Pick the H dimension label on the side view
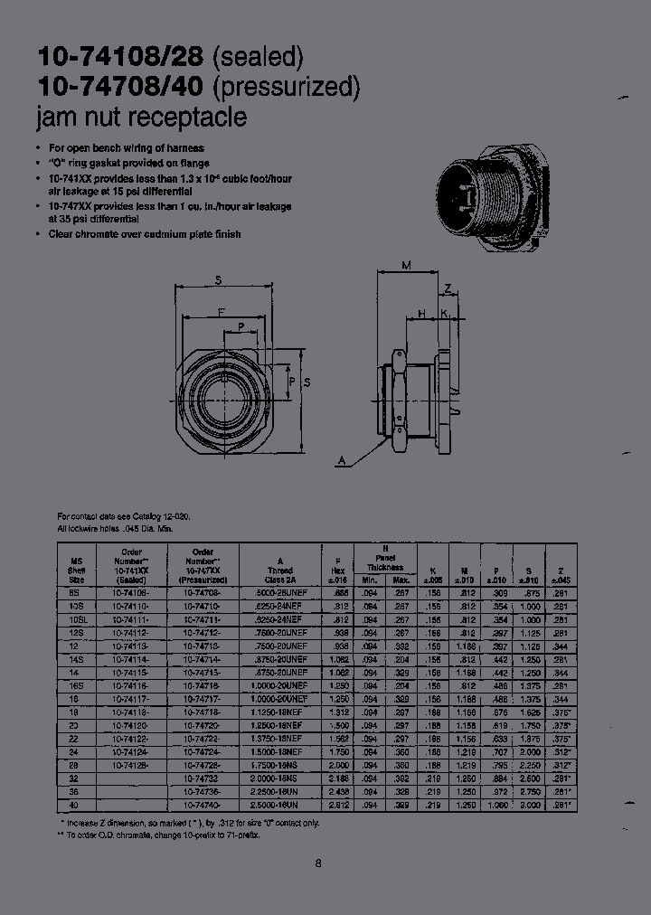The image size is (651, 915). click(x=421, y=314)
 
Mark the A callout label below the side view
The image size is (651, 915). click(x=343, y=461)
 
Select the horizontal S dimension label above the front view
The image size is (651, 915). click(x=219, y=280)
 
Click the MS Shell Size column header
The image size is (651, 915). click(x=76, y=565)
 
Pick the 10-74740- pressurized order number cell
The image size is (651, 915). click(x=203, y=802)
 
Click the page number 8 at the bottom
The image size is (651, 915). click(x=318, y=863)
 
